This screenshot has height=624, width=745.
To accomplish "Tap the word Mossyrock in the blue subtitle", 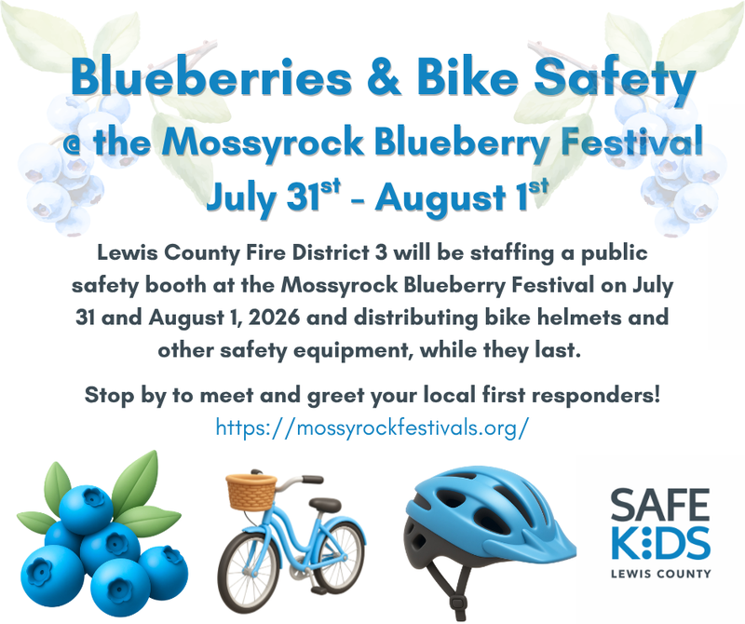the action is (x=263, y=142).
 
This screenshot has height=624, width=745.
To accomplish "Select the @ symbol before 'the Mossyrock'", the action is (x=74, y=143).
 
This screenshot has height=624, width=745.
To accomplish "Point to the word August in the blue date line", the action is (x=440, y=198).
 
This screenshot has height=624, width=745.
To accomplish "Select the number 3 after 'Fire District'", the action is (x=381, y=252).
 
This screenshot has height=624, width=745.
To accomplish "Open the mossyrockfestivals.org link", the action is (x=372, y=427).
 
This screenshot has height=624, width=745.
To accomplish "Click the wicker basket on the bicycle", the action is (x=251, y=492).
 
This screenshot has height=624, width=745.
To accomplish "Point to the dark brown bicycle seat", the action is (x=325, y=504).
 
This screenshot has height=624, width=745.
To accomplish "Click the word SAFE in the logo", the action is (x=659, y=505).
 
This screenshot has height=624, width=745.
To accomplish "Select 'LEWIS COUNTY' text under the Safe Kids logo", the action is (x=661, y=574).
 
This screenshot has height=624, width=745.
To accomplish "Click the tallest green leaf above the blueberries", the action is (x=137, y=479).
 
